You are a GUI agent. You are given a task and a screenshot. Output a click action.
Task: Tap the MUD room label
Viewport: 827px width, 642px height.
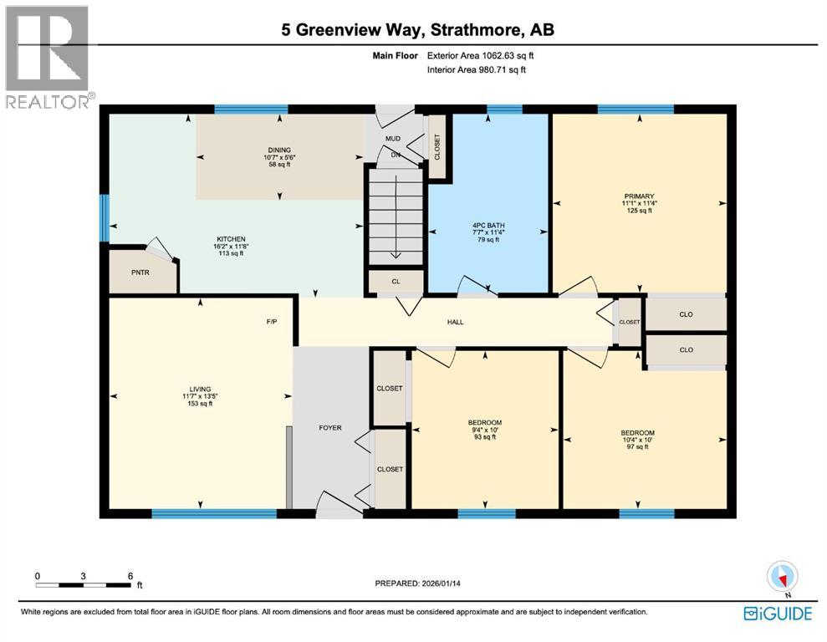tap(393, 138)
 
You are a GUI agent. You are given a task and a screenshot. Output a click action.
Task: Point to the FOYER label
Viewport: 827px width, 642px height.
tap(330, 427)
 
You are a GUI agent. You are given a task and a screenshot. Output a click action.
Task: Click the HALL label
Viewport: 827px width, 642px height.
tap(455, 322)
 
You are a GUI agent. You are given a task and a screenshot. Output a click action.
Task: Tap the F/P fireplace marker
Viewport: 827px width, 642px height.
tap(271, 321)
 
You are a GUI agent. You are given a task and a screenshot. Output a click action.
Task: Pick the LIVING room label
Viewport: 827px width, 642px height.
tap(200, 388)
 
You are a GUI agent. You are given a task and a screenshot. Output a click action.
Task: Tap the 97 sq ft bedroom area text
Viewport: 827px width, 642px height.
tap(637, 447)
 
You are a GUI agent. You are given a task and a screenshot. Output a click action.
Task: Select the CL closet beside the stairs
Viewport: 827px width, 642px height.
tap(396, 282)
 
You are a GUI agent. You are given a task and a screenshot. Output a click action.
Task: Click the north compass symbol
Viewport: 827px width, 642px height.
tap(783, 576)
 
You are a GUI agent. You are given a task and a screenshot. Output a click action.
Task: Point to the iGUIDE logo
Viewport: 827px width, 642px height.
tap(778, 614)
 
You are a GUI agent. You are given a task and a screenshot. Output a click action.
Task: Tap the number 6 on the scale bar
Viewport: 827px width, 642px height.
tap(130, 576)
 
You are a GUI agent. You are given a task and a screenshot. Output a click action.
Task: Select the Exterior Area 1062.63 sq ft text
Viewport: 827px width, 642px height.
tap(480, 56)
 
